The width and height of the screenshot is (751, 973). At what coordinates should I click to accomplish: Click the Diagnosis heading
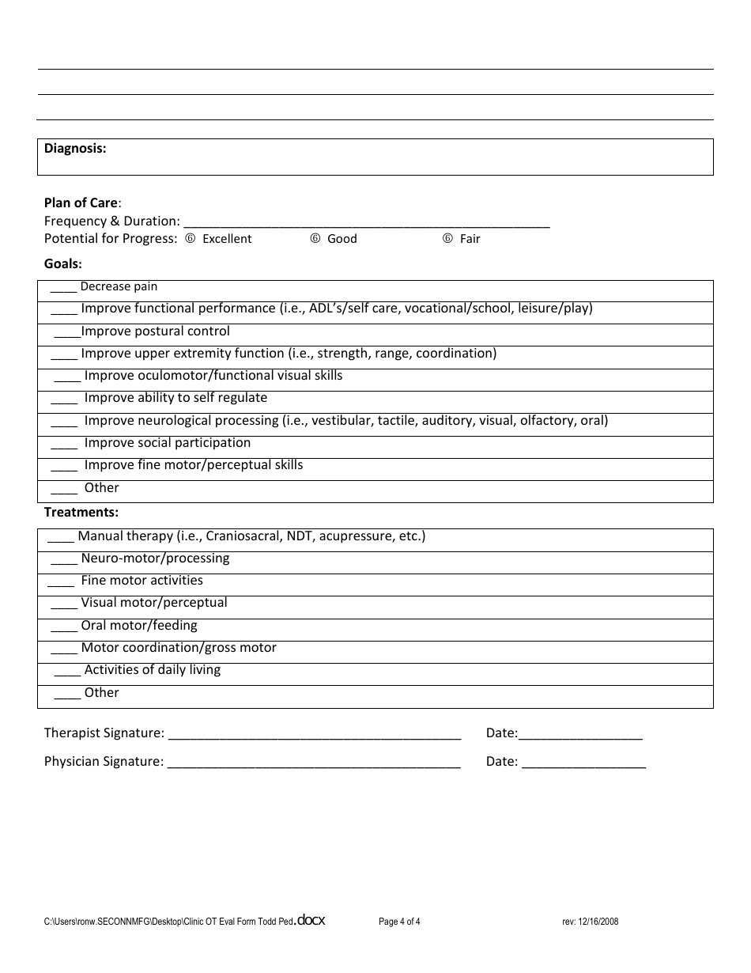[75, 148]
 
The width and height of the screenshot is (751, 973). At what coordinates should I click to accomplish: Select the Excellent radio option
[190, 239]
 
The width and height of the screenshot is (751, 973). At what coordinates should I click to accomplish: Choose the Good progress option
[315, 239]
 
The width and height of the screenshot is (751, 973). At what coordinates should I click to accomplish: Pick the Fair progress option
[447, 239]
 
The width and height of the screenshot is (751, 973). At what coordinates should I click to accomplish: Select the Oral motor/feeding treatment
[138, 626]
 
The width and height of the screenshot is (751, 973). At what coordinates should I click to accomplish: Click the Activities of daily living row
[152, 670]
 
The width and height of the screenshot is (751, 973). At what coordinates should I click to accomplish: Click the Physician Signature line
[314, 763]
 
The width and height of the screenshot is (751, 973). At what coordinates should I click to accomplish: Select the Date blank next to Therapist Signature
[580, 734]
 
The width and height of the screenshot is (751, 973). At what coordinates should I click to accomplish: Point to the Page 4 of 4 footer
[399, 922]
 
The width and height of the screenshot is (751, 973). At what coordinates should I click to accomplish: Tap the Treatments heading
[81, 513]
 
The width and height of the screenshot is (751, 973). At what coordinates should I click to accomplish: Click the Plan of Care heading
[81, 203]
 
